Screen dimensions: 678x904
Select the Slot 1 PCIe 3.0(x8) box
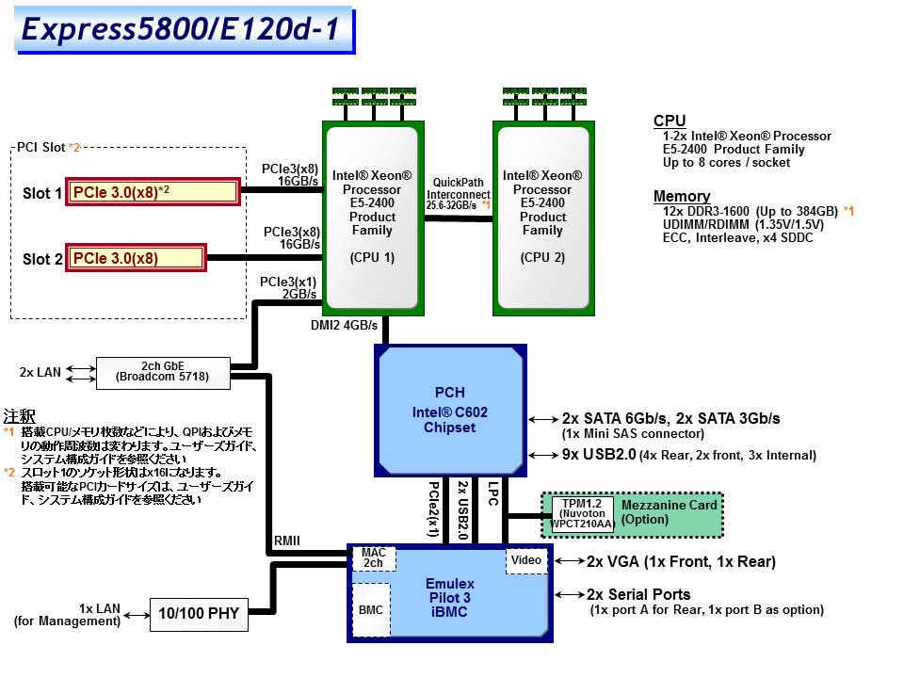pyautogui.click(x=152, y=192)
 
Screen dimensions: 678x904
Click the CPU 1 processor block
pyautogui.click(x=372, y=217)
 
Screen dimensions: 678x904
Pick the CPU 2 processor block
pyautogui.click(x=541, y=217)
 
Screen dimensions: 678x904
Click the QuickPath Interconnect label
pyautogui.click(x=458, y=193)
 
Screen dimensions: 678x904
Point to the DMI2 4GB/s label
pyautogui.click(x=344, y=326)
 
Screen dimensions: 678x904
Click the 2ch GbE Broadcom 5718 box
pyautogui.click(x=162, y=372)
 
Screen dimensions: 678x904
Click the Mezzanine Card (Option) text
pyautogui.click(x=669, y=512)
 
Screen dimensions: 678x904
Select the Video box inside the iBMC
pyautogui.click(x=525, y=560)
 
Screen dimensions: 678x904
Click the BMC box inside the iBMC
pyautogui.click(x=370, y=609)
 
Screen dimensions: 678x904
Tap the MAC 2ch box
pyautogui.click(x=373, y=557)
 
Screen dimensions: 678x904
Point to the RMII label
pyautogui.click(x=288, y=541)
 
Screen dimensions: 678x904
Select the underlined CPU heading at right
pyautogui.click(x=670, y=121)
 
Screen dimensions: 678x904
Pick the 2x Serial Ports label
pyautogui.click(x=638, y=595)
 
